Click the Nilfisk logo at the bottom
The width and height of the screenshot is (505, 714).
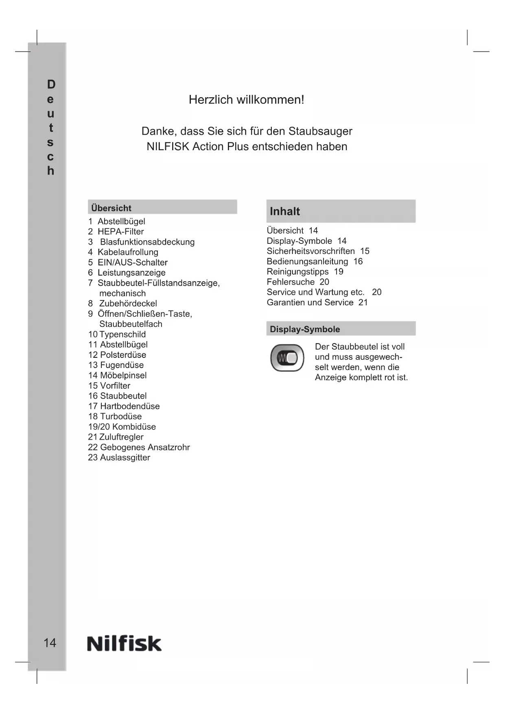tap(124, 644)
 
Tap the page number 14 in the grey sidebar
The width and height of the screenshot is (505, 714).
tap(50, 643)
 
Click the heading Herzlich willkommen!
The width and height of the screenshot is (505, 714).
tap(246, 100)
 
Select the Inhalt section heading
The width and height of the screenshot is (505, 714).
tap(285, 211)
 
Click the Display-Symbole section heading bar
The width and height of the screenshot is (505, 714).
tap(341, 329)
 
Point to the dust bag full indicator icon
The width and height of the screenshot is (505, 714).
tap(287, 358)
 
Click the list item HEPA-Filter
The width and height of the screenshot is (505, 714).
tap(120, 232)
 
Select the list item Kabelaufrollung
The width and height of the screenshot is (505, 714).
tap(128, 252)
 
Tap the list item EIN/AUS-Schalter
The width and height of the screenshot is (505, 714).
tap(132, 263)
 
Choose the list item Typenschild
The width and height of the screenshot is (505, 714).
tap(122, 334)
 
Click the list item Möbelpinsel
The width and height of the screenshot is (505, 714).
tap(123, 375)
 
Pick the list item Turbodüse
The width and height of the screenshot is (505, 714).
tap(120, 416)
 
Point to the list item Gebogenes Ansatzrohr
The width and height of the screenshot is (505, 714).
tap(144, 447)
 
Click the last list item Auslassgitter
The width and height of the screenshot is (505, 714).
tap(125, 458)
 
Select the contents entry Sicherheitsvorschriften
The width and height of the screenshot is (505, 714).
tap(310, 251)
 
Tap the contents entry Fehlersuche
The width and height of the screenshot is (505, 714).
tap(291, 282)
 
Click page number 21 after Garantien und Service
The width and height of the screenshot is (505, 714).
tap(363, 302)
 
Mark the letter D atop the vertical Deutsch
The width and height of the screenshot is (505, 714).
tap(51, 84)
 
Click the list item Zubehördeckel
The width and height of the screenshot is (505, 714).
tap(128, 304)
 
